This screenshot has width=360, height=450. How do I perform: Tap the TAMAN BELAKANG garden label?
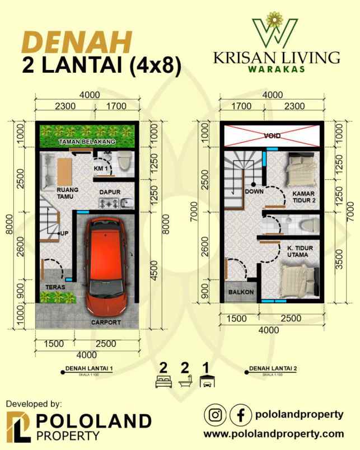point(87,142)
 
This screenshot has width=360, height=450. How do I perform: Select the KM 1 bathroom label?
point(100,168)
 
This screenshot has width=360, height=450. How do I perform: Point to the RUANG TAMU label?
point(67,193)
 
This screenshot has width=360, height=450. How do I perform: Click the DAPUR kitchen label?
point(110,192)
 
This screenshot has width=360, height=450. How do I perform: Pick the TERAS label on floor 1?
point(55,287)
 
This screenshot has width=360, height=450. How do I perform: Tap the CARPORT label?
point(106,322)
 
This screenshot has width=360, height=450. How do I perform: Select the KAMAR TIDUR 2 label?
point(302,197)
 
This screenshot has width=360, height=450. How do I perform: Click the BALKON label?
point(241,292)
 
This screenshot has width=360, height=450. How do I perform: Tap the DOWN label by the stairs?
point(254,191)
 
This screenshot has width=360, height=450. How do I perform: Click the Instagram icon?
point(216,415)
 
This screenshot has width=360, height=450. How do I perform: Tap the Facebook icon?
point(241,415)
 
